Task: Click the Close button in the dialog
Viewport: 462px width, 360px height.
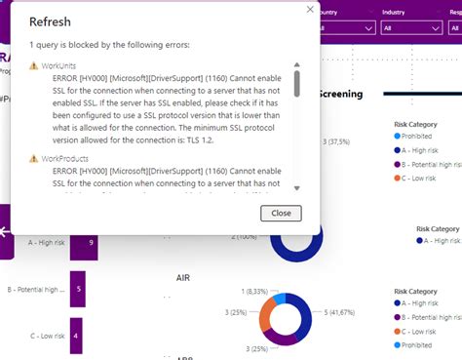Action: point(281,213)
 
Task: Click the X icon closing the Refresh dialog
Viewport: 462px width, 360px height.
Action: point(311,10)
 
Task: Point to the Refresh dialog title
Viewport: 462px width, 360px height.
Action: point(49,20)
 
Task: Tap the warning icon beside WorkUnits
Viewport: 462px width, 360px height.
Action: point(34,64)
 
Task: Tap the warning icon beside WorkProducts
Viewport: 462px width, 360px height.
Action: point(34,157)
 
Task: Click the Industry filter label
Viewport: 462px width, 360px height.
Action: point(394,13)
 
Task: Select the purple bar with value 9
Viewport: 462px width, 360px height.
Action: point(86,242)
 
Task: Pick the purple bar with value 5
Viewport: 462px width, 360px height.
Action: point(78,290)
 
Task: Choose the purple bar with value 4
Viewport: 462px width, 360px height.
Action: point(75,336)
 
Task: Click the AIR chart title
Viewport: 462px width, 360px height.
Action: point(182,277)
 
